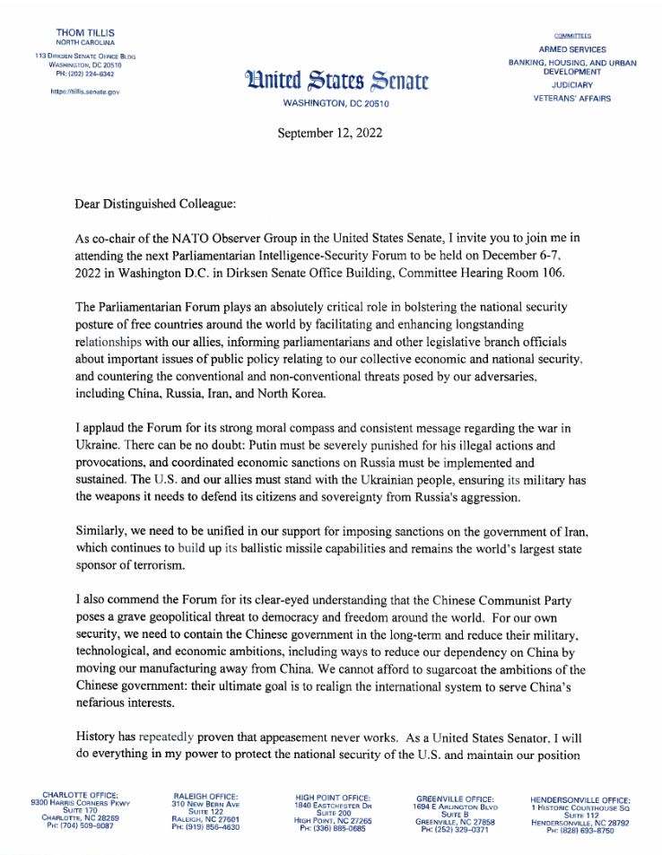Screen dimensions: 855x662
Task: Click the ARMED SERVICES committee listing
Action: tap(572, 49)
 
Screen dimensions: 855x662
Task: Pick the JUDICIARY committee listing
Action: tap(572, 85)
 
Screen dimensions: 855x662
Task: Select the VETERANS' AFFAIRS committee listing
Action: tap(572, 99)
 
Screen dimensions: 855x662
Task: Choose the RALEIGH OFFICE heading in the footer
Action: tap(205, 795)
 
